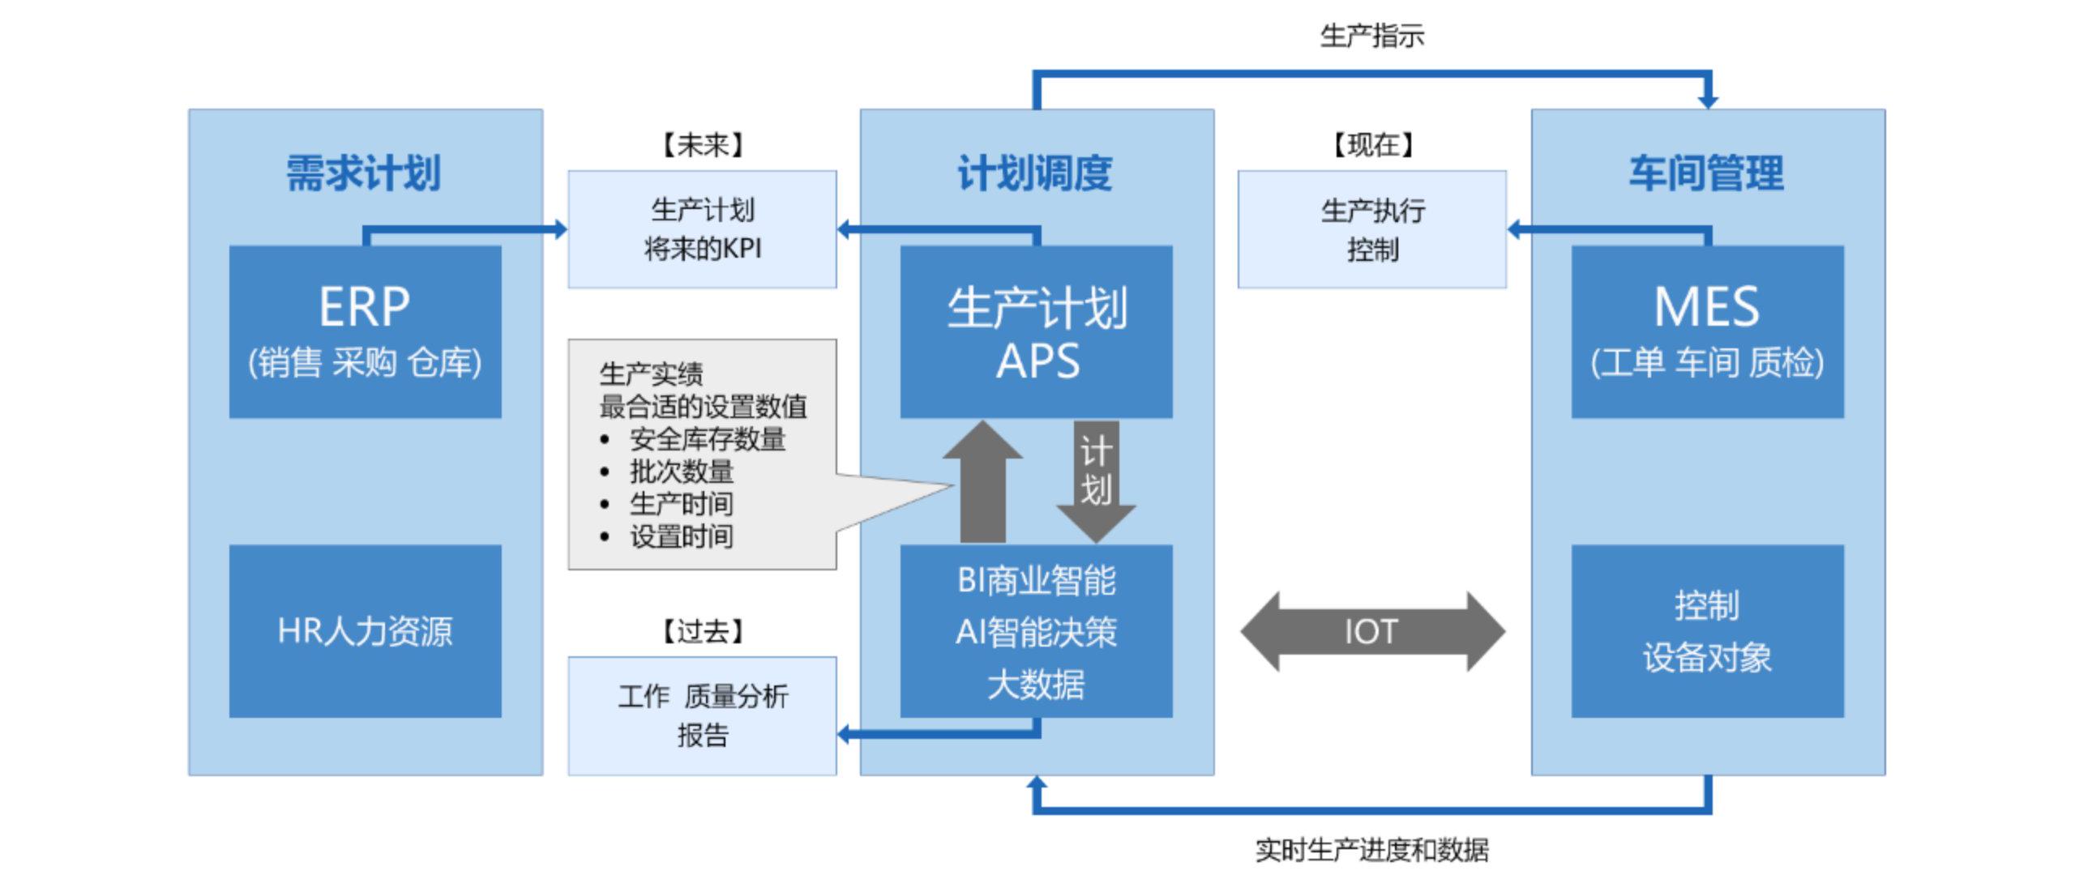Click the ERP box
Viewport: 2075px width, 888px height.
365,331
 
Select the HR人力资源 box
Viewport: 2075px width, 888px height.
365,631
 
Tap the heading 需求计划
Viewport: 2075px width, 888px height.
363,173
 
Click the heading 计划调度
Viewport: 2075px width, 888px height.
1035,173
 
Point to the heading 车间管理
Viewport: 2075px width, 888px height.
1706,173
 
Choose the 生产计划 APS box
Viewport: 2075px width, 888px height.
1036,331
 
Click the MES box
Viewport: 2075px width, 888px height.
1707,331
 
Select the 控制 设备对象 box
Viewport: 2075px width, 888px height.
1707,631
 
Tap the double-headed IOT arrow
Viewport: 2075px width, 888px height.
1371,631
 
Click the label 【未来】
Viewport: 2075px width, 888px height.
702,146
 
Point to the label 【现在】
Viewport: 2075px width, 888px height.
1372,146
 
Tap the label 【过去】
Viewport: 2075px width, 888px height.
702,631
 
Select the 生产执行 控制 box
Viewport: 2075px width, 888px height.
1371,229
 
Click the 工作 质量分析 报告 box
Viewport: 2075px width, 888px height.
702,715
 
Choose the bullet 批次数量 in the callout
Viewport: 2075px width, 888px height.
681,472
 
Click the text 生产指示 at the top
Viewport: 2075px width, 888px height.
1371,36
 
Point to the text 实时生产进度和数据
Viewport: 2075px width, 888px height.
1371,850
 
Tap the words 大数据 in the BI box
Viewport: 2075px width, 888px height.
1036,685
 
